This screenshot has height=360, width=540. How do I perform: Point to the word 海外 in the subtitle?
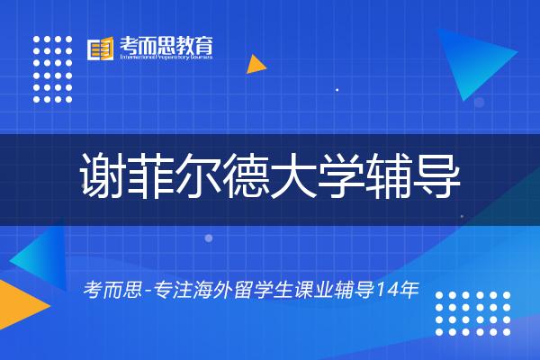tap(203, 292)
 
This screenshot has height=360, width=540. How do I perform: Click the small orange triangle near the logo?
tap(256, 65)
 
